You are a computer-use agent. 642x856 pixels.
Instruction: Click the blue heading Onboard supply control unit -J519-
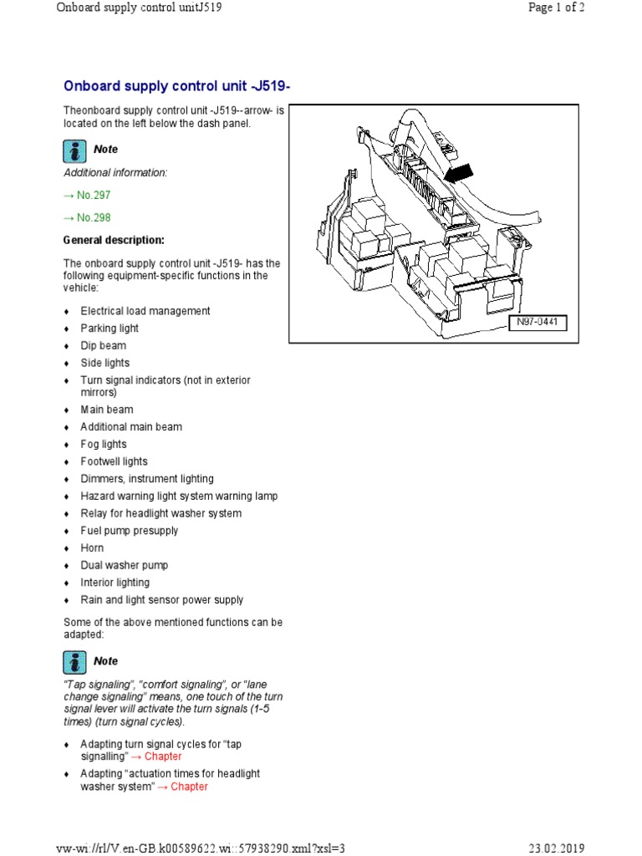tap(177, 86)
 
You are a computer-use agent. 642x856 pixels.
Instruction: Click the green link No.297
tap(87, 195)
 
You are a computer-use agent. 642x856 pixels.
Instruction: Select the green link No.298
tap(87, 217)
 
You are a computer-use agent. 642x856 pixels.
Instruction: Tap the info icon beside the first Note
tap(75, 150)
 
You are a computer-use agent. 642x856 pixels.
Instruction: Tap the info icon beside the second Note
tap(75, 662)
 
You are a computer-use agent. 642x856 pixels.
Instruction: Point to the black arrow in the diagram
tap(457, 174)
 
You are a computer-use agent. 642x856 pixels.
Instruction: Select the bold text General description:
tap(114, 240)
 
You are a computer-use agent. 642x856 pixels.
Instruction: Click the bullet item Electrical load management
tap(145, 311)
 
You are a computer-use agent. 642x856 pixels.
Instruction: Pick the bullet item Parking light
tap(110, 329)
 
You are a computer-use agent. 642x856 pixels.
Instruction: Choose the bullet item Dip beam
tap(104, 345)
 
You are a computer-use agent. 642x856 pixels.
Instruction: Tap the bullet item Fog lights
tap(104, 444)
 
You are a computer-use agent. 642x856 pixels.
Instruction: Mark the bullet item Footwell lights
tap(114, 461)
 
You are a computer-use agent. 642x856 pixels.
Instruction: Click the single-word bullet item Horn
tap(92, 548)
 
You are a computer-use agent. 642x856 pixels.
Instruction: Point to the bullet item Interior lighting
tap(115, 583)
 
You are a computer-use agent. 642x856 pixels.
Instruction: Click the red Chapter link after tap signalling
tap(163, 757)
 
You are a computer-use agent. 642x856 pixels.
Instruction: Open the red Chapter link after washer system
tap(190, 787)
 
